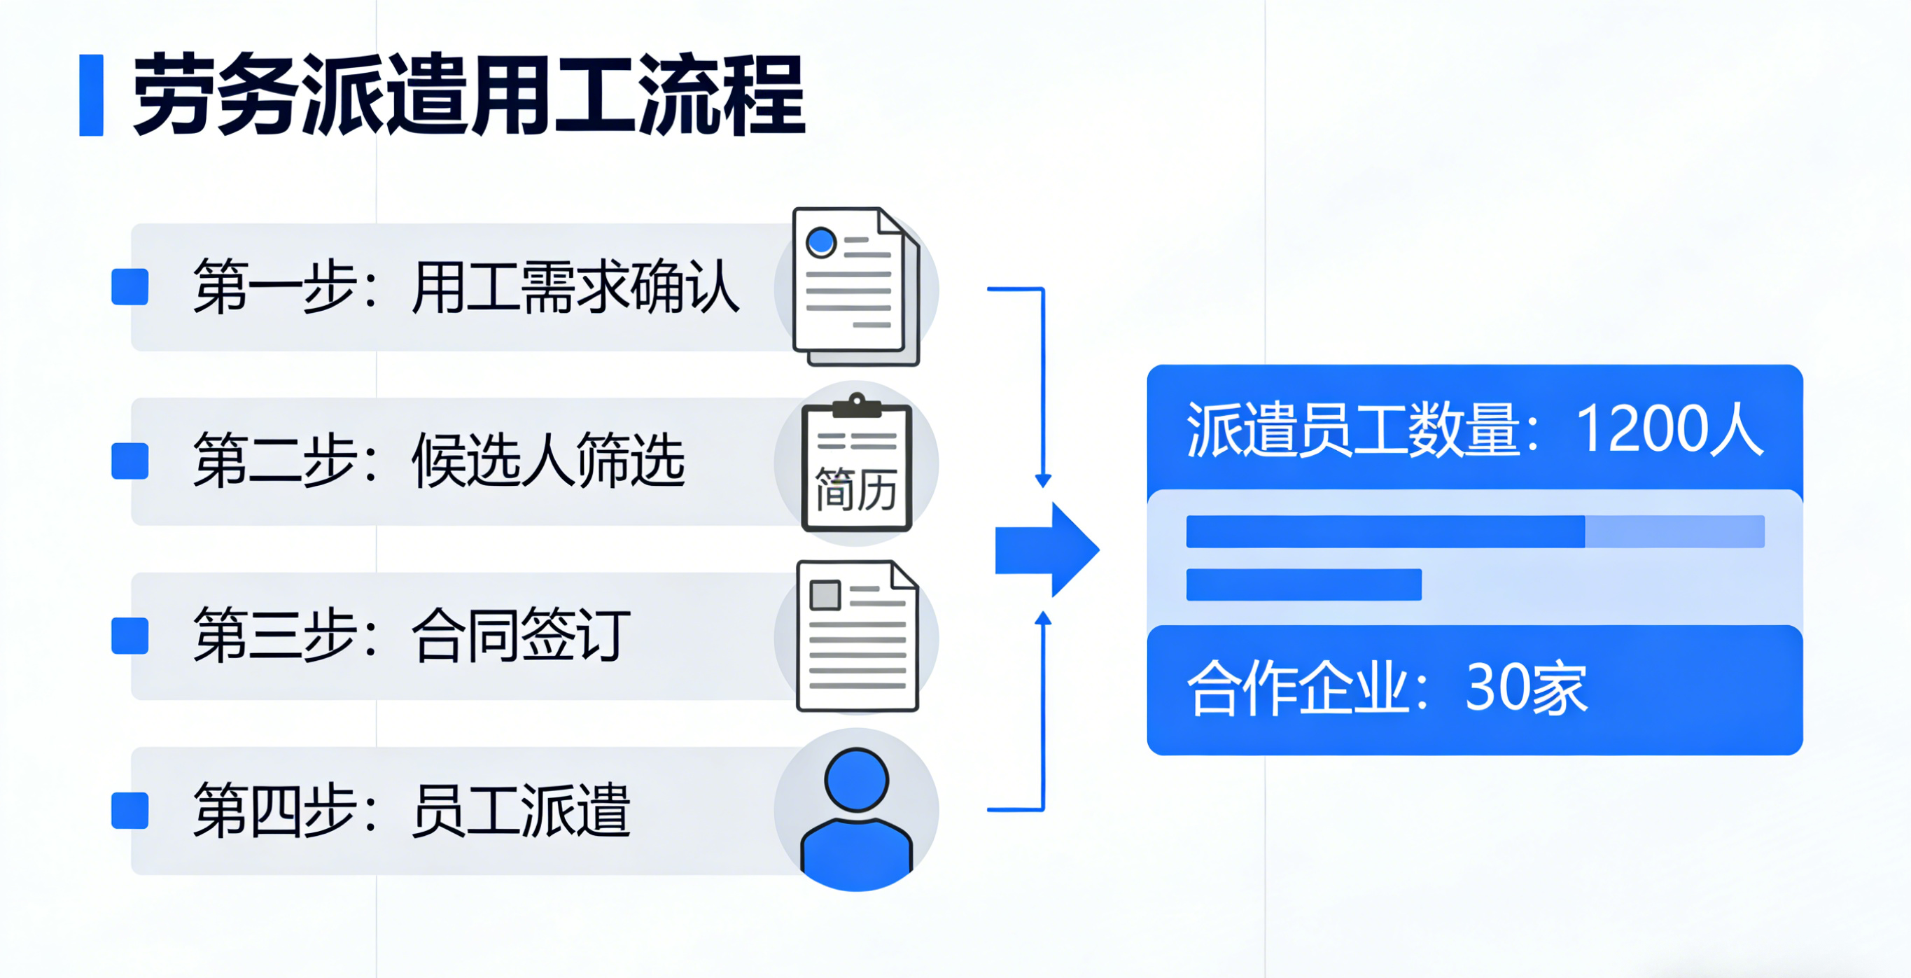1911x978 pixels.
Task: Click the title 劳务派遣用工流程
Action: tap(469, 95)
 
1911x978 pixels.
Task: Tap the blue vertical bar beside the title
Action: tap(91, 95)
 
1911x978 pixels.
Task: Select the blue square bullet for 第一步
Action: tap(129, 287)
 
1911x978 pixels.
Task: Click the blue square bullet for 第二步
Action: tap(129, 461)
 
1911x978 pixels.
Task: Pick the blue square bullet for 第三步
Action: tap(129, 636)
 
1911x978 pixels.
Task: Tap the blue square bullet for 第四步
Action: tap(129, 809)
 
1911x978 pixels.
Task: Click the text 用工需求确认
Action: tap(575, 287)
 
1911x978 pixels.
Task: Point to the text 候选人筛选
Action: tap(547, 461)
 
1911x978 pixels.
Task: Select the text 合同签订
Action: tap(521, 636)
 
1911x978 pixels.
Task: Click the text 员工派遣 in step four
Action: tap(521, 809)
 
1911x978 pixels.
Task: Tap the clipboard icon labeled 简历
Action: tap(857, 463)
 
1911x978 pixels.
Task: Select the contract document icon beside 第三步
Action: tap(857, 636)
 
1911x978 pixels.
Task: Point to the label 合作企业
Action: tap(1298, 689)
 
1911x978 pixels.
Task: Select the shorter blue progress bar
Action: tap(1303, 585)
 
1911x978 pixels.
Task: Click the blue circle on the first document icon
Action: tap(821, 242)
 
